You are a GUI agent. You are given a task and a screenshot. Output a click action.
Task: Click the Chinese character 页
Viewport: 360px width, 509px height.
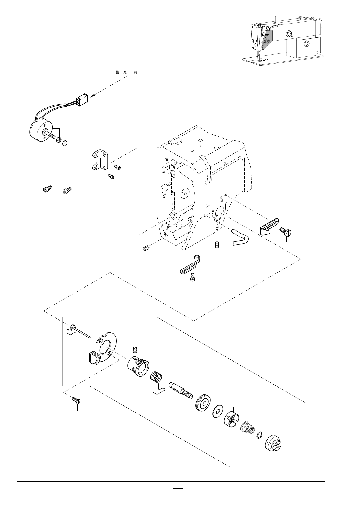click(x=135, y=72)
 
